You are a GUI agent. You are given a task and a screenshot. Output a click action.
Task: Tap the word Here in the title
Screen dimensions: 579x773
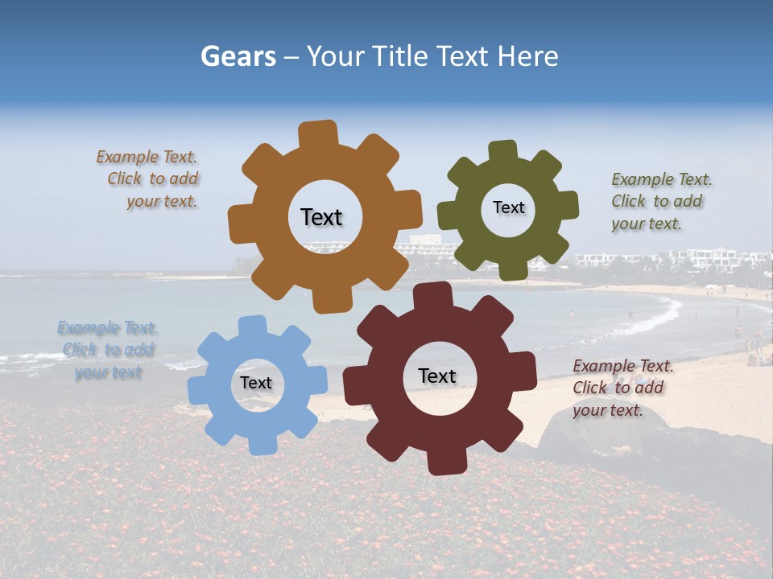coord(527,56)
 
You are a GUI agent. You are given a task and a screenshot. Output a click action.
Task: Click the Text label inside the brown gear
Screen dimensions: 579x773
coord(321,217)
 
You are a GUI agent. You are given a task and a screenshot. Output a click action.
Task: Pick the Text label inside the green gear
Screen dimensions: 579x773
coord(508,207)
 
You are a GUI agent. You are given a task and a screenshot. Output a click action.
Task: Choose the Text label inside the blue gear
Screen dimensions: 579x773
coord(256,383)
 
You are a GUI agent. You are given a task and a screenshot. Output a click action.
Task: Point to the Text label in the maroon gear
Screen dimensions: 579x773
coord(437,376)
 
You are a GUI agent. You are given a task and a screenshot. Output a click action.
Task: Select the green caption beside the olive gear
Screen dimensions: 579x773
coord(660,201)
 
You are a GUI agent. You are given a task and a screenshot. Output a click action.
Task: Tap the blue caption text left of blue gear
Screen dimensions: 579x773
coord(106,350)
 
